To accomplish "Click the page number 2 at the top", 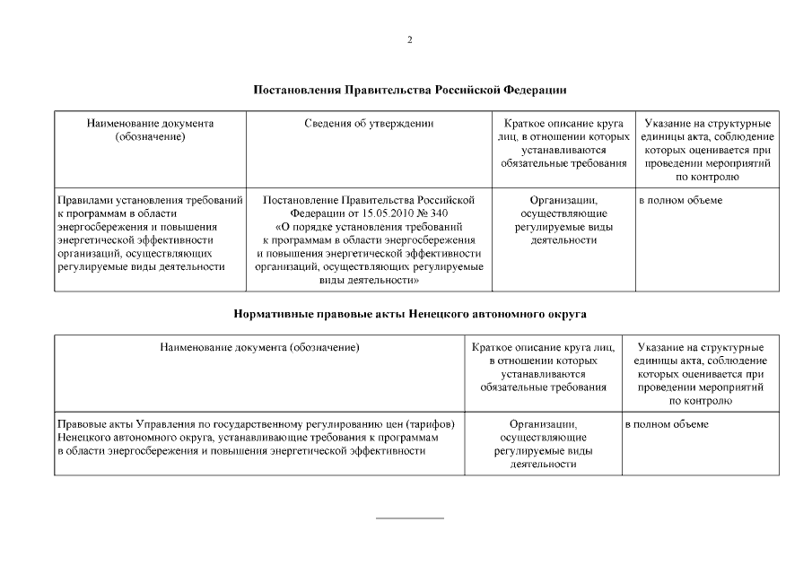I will coord(409,39).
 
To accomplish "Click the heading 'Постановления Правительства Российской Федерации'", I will coord(409,91).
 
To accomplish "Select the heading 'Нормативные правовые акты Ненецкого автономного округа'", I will coord(409,315).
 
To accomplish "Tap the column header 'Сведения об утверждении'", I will coord(369,123).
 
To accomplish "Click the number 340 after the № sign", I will coord(438,213).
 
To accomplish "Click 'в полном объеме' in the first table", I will coord(679,200).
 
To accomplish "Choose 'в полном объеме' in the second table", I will coord(667,423).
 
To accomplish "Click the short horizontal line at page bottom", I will coord(409,517).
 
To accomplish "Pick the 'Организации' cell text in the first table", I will coord(563,200).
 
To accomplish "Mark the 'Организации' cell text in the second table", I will coord(543,423).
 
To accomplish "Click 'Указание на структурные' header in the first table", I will coord(706,123).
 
